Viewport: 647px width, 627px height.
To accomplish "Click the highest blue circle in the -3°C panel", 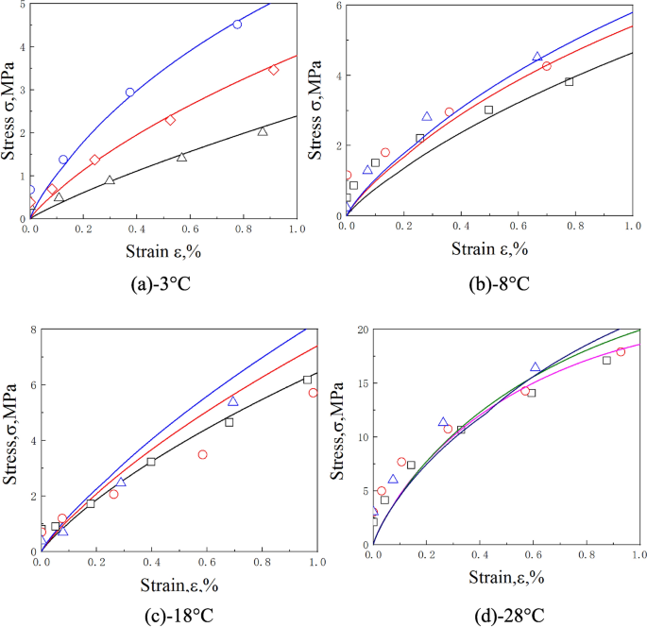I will pyautogui.click(x=237, y=25).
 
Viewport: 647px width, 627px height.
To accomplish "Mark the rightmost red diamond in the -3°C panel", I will pyautogui.click(x=273, y=70).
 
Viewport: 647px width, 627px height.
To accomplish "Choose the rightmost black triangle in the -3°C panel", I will pyautogui.click(x=263, y=131).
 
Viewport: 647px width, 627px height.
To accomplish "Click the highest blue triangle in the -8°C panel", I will pyautogui.click(x=537, y=57).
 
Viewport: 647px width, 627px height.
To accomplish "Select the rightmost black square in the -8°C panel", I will pyautogui.click(x=570, y=82).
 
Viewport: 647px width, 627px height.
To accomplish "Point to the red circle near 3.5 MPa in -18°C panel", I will pyautogui.click(x=202, y=454).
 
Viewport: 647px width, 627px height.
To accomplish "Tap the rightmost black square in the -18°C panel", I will pyautogui.click(x=307, y=380).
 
